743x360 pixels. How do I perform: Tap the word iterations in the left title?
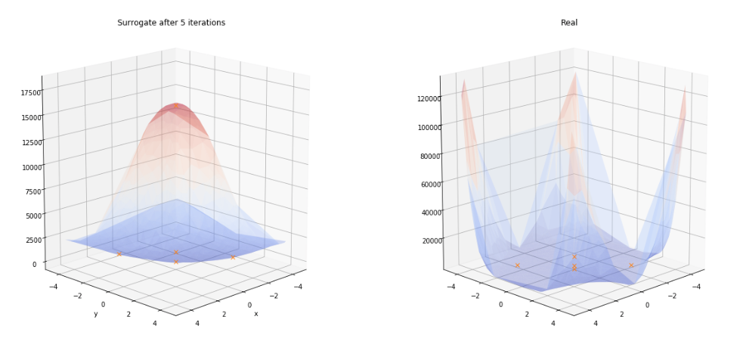[x=203, y=23]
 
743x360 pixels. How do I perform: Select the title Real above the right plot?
[x=569, y=23]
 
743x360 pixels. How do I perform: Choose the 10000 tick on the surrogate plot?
[x=29, y=166]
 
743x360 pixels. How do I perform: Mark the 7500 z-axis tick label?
[x=32, y=191]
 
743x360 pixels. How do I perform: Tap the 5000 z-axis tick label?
[x=33, y=216]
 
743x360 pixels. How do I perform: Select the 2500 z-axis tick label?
[x=33, y=241]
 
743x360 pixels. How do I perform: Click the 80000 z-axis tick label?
[x=429, y=157]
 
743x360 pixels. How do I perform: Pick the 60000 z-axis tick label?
[x=430, y=185]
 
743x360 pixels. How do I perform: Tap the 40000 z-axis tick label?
[x=431, y=213]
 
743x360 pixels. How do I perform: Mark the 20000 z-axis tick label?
[x=432, y=241]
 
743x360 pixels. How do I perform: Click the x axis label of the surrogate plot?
[x=256, y=314]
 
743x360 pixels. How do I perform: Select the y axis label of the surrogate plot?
[x=95, y=314]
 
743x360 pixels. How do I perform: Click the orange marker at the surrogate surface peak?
[x=177, y=106]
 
